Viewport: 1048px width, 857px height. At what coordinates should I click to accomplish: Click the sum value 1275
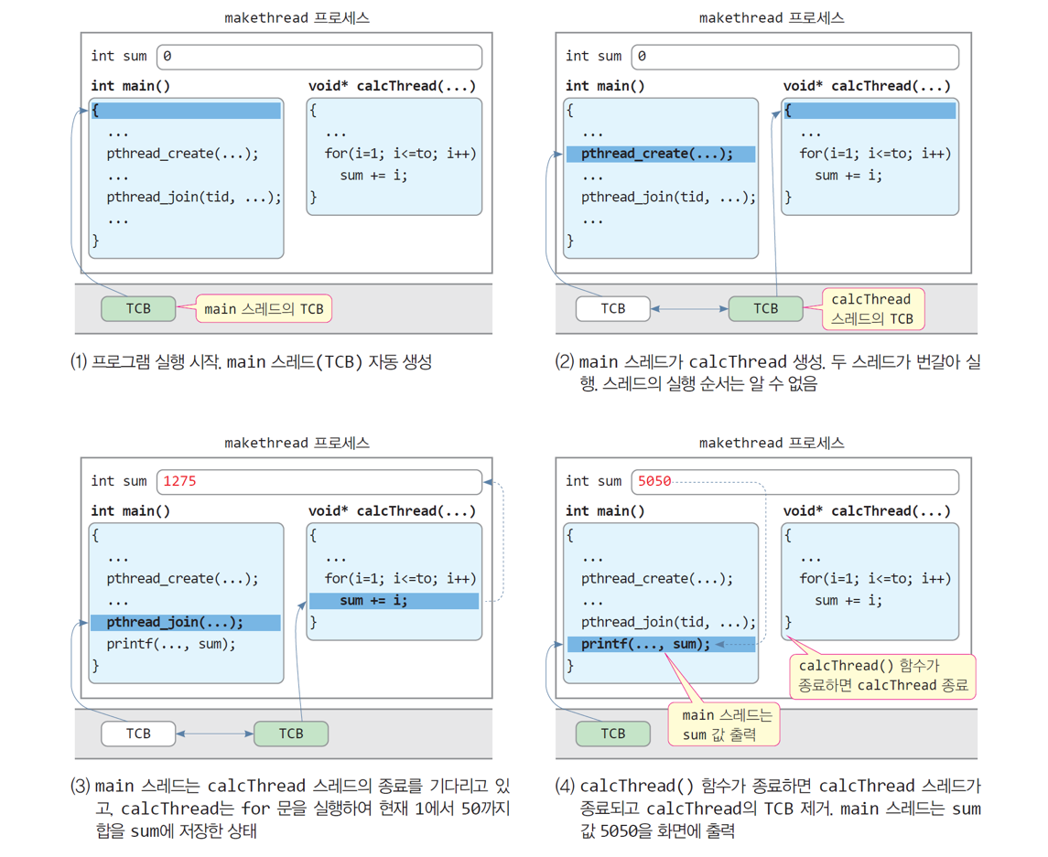click(x=179, y=481)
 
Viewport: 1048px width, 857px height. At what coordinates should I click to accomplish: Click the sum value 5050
click(x=654, y=481)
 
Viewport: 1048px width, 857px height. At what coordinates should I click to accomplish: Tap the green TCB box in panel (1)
click(x=138, y=308)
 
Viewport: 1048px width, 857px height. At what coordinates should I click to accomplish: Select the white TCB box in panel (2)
click(x=612, y=308)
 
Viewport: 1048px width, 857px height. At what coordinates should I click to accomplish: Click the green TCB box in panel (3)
click(x=291, y=733)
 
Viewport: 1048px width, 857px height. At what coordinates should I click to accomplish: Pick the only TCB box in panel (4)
click(x=612, y=733)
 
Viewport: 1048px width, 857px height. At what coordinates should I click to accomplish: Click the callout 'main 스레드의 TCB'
click(x=264, y=309)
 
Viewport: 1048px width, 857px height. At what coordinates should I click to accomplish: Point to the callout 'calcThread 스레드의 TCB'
click(x=872, y=309)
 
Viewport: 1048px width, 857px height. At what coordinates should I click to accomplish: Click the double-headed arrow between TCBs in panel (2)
click(x=689, y=309)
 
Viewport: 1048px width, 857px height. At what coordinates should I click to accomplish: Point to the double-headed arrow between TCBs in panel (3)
click(x=215, y=734)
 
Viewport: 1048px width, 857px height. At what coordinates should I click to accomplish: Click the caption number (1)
click(x=79, y=361)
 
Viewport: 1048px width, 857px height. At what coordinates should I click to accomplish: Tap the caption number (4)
click(x=565, y=786)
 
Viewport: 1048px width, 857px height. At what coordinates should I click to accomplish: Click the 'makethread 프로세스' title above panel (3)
click(x=297, y=443)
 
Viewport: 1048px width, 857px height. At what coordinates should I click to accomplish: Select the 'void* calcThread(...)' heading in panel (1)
click(x=392, y=86)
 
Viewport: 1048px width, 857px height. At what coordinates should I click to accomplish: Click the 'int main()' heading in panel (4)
click(x=605, y=510)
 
